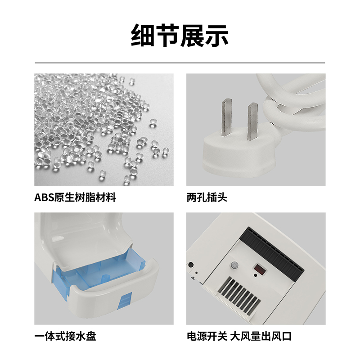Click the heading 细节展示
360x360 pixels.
[x=180, y=36]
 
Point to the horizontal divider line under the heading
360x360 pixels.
[x=180, y=63]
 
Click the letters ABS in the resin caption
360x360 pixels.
[x=44, y=198]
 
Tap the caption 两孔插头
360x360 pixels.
[x=207, y=198]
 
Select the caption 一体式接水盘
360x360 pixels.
[x=65, y=336]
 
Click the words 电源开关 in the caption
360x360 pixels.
[x=207, y=336]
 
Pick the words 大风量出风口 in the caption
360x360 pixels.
[x=261, y=336]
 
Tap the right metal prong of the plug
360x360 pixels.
[x=252, y=121]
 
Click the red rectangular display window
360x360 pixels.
[x=260, y=270]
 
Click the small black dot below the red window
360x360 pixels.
[x=256, y=275]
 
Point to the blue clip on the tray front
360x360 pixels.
[x=125, y=301]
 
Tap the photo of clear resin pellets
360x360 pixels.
[x=104, y=130]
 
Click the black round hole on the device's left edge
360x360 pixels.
[x=190, y=265]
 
